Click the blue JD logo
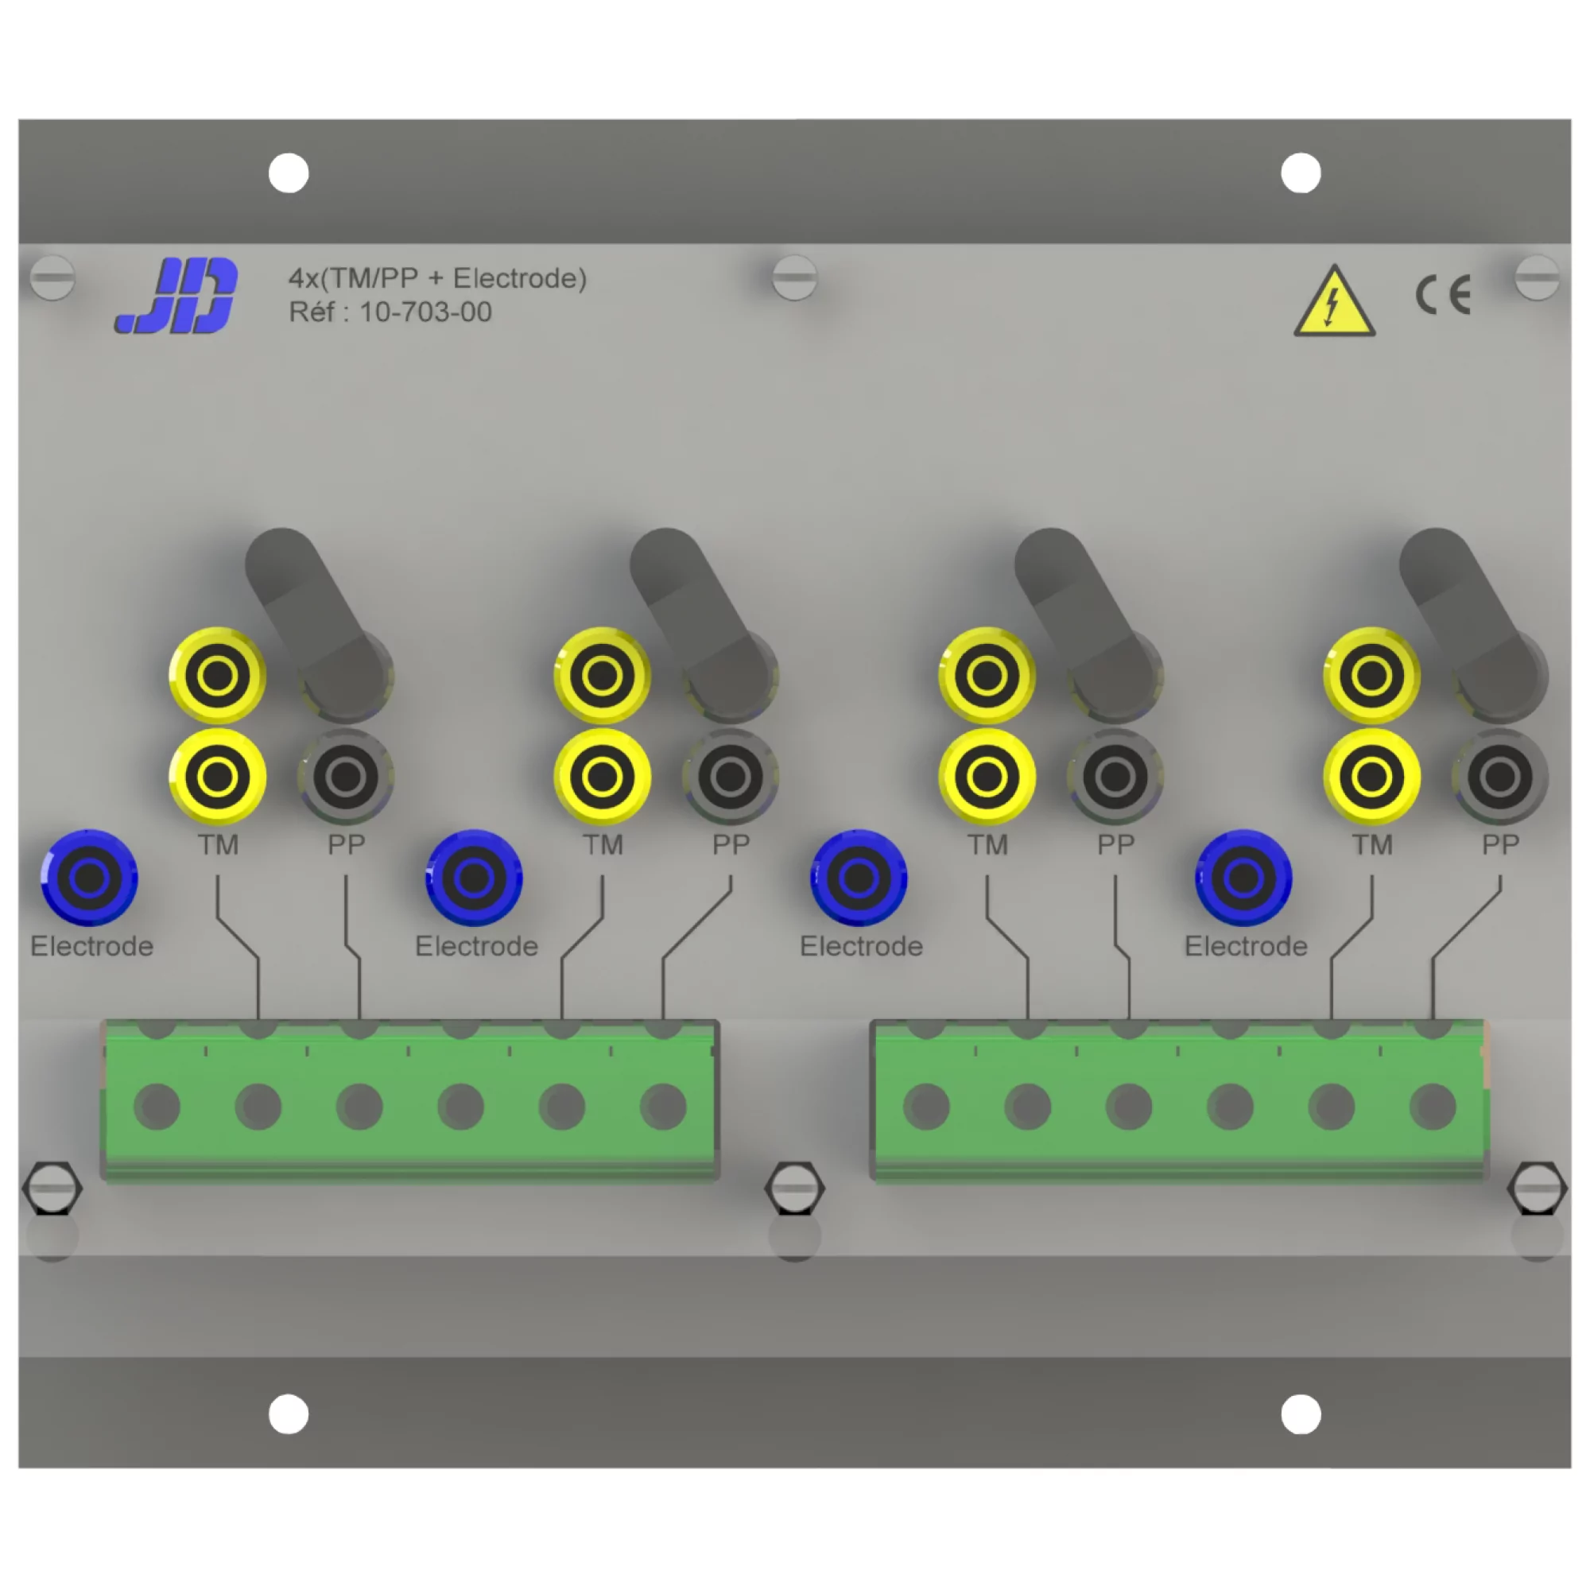pos(177,296)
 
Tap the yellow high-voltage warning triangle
pos(1334,303)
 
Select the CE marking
pos(1443,296)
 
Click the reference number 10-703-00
pos(425,312)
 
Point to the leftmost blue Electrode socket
pos(90,878)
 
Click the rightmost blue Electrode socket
pos(1243,878)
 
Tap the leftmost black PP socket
pos(346,776)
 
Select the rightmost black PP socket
pos(1499,776)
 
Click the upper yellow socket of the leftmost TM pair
pos(217,676)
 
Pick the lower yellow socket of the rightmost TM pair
pos(1371,776)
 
